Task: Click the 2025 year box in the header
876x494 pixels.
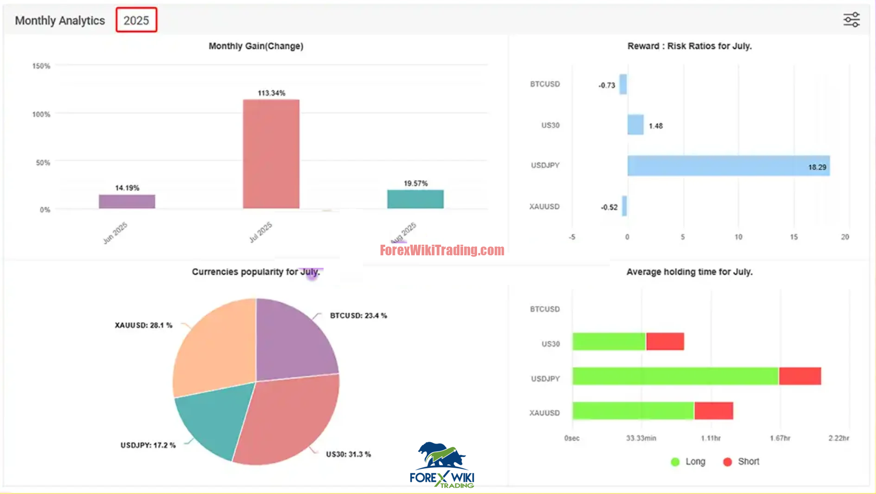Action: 136,20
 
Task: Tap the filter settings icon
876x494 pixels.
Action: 851,20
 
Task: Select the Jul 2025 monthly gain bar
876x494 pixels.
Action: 271,154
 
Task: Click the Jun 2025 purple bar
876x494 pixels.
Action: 127,202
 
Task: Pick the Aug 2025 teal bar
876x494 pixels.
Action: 415,199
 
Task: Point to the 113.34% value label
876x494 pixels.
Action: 271,93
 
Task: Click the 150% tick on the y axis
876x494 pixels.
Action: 41,66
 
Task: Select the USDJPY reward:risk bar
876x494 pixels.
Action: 728,166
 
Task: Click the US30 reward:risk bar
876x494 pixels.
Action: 635,125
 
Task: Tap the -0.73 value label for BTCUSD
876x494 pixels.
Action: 606,85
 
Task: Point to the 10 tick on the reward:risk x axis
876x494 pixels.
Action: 738,237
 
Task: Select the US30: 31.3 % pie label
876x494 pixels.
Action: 348,454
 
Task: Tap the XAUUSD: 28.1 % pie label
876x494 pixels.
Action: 143,325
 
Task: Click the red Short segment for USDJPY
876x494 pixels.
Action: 800,376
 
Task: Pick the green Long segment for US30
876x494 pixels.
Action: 608,341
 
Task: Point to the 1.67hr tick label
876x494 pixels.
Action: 780,438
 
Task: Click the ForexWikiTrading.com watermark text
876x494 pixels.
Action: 442,250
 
